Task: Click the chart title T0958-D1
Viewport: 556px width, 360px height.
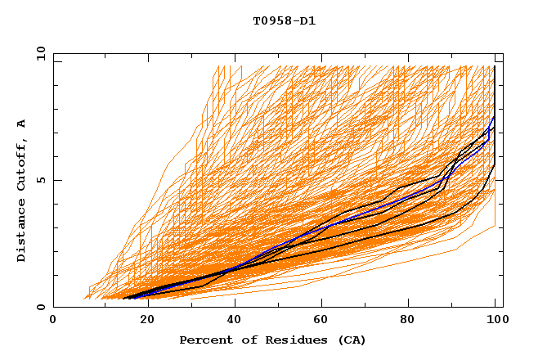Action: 284,20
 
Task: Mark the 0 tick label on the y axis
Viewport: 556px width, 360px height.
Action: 40,308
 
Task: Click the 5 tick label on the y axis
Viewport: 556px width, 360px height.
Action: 40,180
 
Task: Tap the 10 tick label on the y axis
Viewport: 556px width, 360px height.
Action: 37,53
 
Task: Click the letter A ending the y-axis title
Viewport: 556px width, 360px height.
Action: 21,123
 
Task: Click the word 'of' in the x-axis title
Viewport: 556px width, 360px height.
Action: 243,340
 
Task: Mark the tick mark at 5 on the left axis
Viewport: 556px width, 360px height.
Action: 56,180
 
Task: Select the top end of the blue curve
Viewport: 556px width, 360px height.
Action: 494,117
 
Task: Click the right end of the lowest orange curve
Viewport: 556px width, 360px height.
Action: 495,226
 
